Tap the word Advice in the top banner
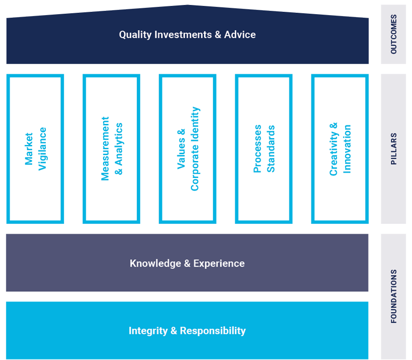click(240, 35)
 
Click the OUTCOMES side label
click(394, 35)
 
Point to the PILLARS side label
click(394, 149)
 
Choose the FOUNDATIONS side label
click(394, 296)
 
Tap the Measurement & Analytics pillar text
click(112, 149)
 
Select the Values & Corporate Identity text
click(188, 149)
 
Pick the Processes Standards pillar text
click(264, 149)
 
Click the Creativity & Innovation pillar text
click(340, 149)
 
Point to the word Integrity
click(148, 331)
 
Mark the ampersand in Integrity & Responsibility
click(173, 331)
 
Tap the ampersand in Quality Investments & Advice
click(217, 35)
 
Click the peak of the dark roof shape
click(187, 5)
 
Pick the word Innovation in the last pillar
click(347, 149)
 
